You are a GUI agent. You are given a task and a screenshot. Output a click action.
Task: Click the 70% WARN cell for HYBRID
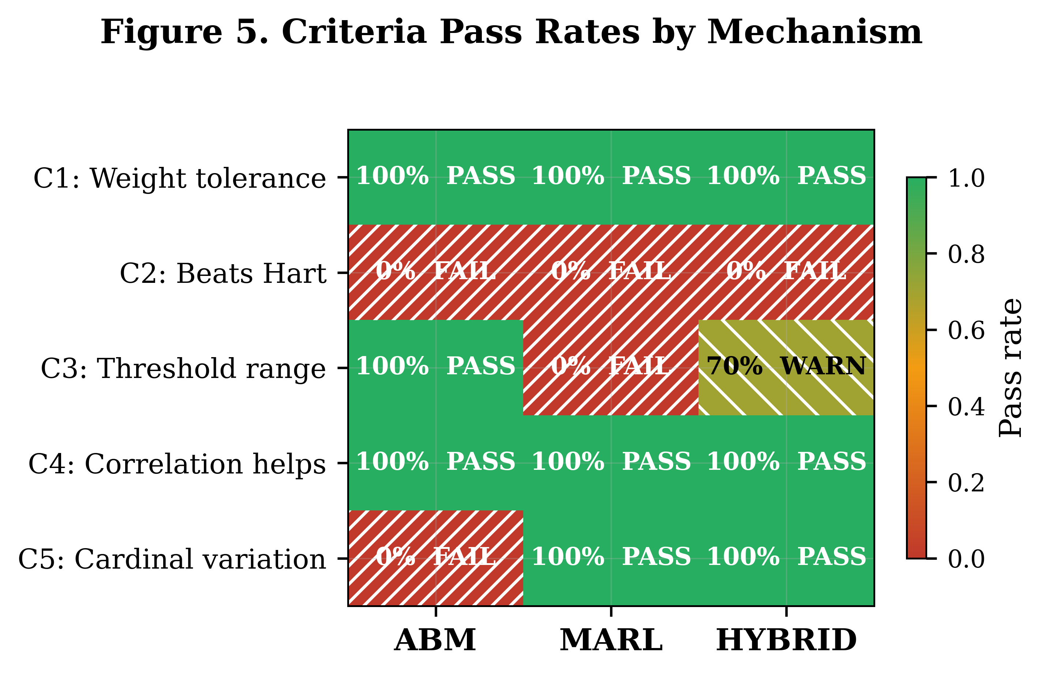pos(786,367)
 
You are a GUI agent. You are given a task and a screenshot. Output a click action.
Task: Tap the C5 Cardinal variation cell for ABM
pos(435,558)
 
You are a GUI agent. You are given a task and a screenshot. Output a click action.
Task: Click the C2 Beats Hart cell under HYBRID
pos(786,272)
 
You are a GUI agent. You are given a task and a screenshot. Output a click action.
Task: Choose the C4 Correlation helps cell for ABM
pos(435,462)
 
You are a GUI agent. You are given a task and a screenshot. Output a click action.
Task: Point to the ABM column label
pos(435,641)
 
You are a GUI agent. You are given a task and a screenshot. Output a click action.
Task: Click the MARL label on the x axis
pos(611,641)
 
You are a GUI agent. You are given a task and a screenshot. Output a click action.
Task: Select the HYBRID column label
pos(786,641)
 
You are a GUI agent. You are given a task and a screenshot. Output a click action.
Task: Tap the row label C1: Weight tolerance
pos(179,179)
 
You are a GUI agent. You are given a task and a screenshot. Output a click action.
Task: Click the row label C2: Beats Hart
pos(223,274)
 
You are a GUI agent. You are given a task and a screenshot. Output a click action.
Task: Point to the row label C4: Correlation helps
pos(177,464)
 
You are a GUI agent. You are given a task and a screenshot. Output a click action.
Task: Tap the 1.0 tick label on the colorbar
pos(966,179)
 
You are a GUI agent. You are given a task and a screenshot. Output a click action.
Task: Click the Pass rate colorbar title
pos(1011,368)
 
